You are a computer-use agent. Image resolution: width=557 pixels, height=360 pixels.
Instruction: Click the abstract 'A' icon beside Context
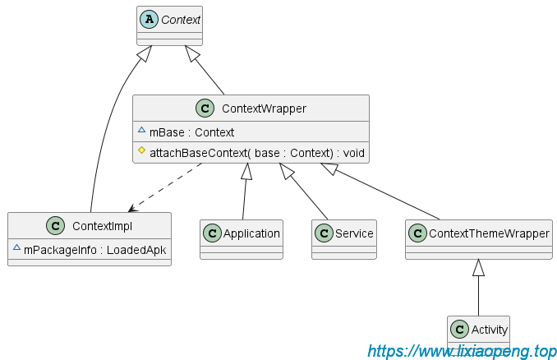(149, 19)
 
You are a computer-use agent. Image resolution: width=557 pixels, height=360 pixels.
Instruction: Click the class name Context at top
(180, 20)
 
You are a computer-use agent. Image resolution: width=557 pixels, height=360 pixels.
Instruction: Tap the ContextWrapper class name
(265, 108)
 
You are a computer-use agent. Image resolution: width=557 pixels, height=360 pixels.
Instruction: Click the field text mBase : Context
(191, 132)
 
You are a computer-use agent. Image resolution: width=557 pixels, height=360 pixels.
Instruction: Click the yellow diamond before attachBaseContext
(141, 151)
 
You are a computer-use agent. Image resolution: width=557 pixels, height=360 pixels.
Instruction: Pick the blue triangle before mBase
(141, 131)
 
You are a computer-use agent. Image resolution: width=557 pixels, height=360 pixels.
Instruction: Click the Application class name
(251, 233)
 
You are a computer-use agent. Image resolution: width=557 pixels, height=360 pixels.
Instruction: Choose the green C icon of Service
(323, 233)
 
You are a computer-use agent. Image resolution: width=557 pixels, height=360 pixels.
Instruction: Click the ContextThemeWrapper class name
(489, 233)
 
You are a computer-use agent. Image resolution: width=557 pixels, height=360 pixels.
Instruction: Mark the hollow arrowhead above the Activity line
(479, 266)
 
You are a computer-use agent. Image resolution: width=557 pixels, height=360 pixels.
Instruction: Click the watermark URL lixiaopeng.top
(462, 351)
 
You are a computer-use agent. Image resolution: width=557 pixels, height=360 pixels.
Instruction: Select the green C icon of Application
(212, 233)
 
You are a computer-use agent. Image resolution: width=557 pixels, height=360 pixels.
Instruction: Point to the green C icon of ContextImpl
(56, 226)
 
